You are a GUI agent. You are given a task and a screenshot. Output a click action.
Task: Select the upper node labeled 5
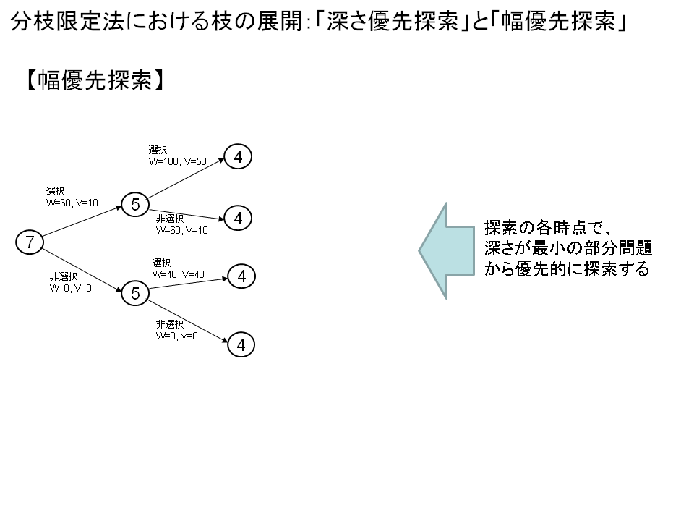135,205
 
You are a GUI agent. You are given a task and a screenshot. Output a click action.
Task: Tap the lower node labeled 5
135,293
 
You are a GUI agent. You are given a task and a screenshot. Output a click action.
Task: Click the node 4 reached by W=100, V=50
238,156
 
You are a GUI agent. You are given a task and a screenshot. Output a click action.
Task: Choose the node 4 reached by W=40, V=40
241,276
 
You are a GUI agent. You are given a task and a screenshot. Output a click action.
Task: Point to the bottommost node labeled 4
241,346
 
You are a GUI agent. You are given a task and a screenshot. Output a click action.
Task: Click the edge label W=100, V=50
178,161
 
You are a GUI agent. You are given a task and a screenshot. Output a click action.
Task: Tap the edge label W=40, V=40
179,274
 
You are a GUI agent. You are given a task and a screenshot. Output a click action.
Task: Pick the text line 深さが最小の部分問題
568,249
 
